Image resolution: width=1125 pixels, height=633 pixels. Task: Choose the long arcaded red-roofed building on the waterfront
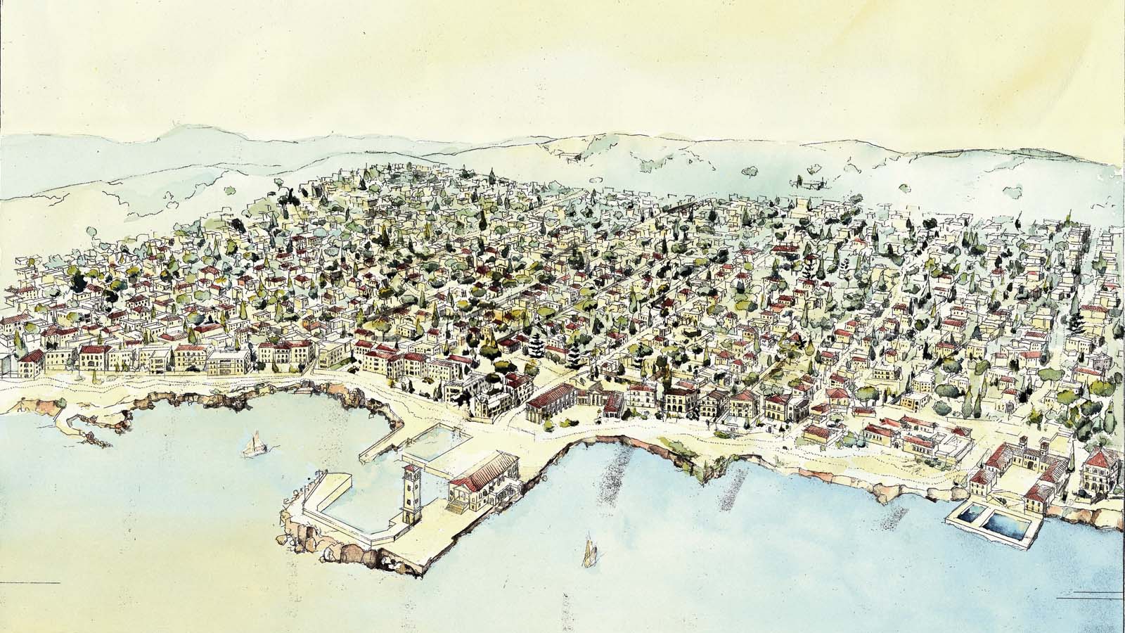point(555,405)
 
